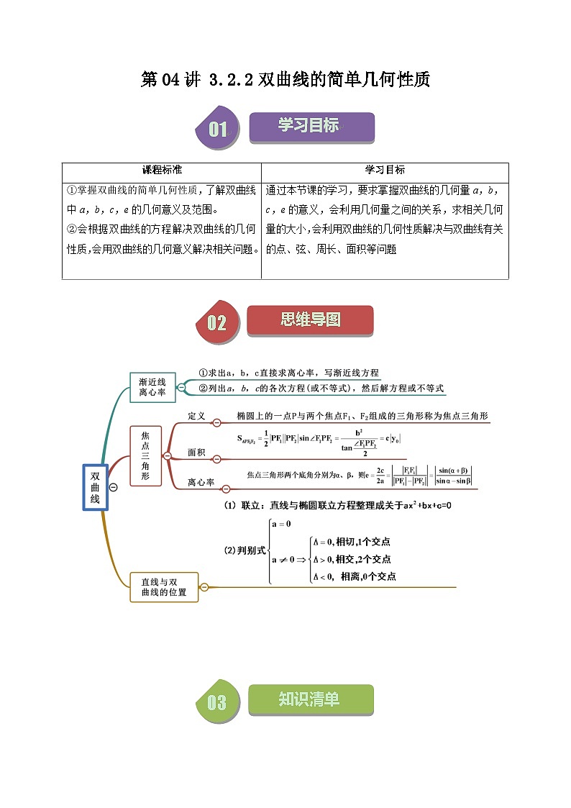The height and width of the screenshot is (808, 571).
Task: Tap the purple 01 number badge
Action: click(x=217, y=130)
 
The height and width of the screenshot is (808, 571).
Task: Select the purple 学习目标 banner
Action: click(x=311, y=127)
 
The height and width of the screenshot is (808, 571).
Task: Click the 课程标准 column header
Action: click(x=162, y=171)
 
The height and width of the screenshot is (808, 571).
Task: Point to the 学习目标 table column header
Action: click(x=385, y=171)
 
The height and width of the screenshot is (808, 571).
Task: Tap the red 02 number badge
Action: click(x=217, y=322)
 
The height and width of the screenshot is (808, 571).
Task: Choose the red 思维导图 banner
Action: click(x=310, y=320)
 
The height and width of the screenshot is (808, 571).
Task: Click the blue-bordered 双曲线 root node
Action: click(x=95, y=487)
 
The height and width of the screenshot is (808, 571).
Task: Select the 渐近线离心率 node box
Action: click(x=152, y=387)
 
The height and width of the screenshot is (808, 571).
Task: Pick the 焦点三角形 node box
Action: click(x=145, y=455)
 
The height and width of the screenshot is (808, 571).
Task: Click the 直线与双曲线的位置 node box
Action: click(x=163, y=587)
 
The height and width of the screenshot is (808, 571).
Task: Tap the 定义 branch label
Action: click(x=196, y=417)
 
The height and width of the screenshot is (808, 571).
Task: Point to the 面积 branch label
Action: click(x=196, y=453)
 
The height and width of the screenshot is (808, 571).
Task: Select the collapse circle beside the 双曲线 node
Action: click(x=113, y=488)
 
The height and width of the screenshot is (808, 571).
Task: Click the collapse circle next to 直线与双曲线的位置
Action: click(x=204, y=587)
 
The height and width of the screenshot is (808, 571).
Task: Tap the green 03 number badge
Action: click(x=216, y=702)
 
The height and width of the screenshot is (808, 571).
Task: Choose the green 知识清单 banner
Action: click(x=310, y=699)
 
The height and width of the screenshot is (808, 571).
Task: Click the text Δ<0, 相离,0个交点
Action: click(x=353, y=576)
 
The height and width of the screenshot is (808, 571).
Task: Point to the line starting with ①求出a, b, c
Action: click(x=288, y=373)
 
